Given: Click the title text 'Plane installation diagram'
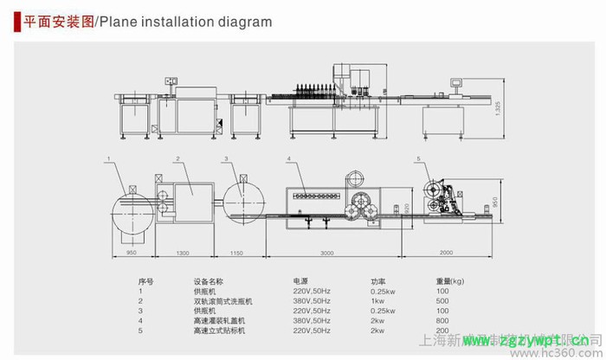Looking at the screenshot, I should pos(185,22).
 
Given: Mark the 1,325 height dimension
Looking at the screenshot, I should pos(497,108).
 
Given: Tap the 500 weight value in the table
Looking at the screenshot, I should pos(442,301).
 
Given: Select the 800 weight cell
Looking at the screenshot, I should pos(442,321).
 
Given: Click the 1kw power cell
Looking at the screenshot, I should pos(377,301).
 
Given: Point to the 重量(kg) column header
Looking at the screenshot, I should pos(450,281).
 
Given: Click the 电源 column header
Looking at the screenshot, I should pos(300,281).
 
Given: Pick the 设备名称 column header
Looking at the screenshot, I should pos(209,281).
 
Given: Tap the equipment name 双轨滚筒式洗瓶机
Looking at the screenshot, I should pos(223,301).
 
